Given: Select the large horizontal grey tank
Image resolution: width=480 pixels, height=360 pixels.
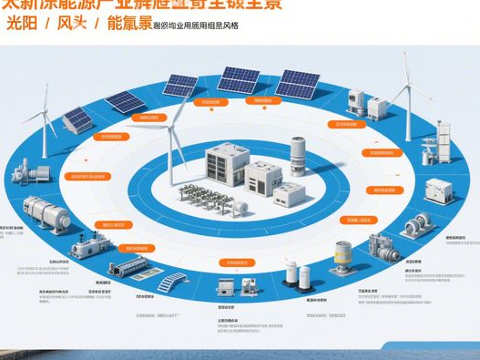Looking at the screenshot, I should pyautogui.click(x=46, y=215).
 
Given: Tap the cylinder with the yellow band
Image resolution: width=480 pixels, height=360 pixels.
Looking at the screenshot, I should pyautogui.click(x=343, y=257).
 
